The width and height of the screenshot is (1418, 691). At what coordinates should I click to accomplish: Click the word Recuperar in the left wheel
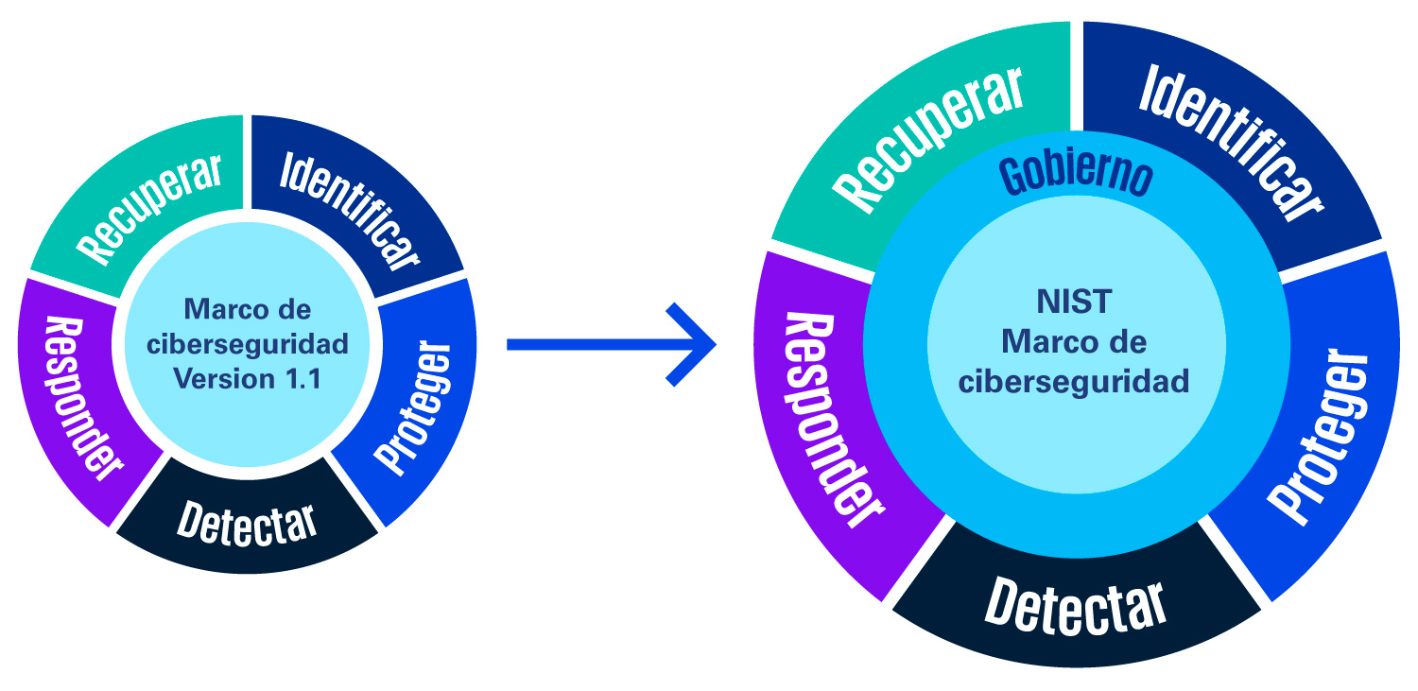149,209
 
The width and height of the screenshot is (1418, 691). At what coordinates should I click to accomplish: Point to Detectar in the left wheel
247,525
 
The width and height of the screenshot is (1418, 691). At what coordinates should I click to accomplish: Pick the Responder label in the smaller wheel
83,399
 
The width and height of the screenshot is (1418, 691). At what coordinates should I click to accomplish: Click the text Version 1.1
248,379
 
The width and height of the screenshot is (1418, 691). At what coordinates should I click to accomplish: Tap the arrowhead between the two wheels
691,345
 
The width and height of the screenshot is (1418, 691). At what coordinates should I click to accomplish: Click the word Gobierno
1076,175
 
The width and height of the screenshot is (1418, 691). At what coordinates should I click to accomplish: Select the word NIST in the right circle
1074,302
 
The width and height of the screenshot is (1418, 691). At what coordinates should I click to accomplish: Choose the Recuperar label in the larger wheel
928,141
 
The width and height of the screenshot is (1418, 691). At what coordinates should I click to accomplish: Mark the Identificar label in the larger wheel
1231,143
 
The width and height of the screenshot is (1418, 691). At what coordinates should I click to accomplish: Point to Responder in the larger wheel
835,420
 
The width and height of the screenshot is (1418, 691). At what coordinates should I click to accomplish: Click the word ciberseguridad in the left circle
248,344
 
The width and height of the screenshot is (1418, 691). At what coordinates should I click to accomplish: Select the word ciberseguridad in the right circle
1074,382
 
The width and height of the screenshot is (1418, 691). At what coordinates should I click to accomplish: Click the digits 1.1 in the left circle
303,379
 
